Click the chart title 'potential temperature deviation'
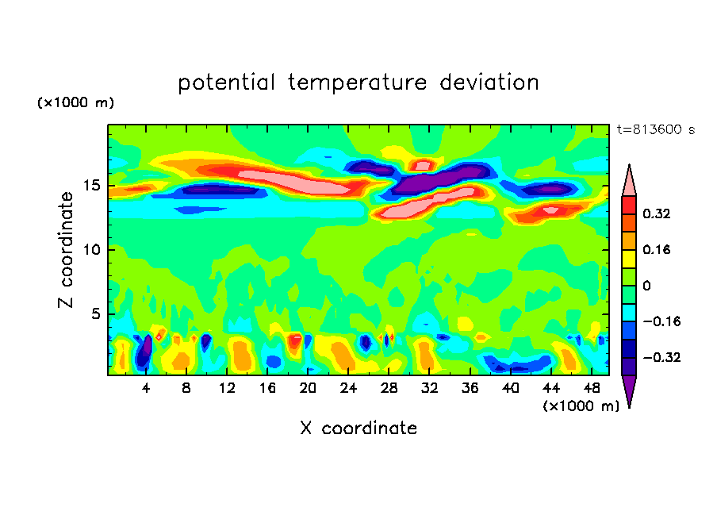click(358, 83)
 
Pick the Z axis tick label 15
click(94, 186)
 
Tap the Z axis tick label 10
click(94, 250)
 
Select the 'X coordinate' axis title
click(358, 429)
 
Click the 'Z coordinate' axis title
click(67, 249)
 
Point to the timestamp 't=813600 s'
click(655, 130)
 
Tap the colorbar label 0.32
click(658, 213)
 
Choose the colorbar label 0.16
click(658, 249)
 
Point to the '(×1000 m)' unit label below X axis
click(581, 406)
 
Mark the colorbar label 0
click(647, 286)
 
